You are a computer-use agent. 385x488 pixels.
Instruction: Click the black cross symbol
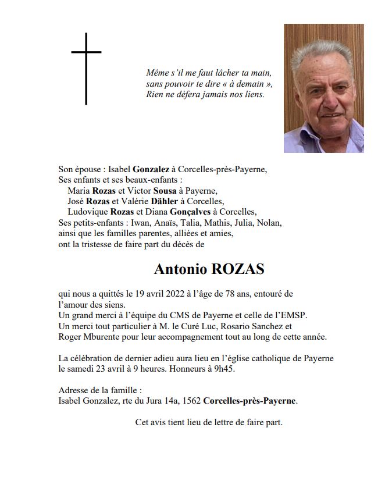point(86,68)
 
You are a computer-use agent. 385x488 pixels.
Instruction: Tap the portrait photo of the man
point(323,88)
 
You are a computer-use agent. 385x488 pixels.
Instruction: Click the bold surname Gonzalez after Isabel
point(151,169)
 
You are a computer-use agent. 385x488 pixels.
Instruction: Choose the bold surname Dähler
point(166,201)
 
